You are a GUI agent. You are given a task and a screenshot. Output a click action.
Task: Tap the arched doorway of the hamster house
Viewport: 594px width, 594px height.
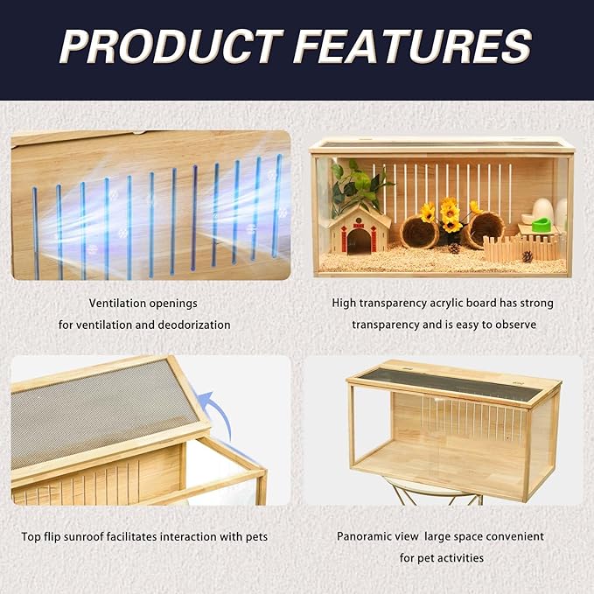359,241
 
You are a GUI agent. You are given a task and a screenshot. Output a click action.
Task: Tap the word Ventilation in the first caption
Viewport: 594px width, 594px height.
118,304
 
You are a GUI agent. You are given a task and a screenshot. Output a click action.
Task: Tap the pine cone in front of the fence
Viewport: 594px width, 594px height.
527,256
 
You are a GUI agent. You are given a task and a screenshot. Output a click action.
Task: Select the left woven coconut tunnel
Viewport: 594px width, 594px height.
419,233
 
